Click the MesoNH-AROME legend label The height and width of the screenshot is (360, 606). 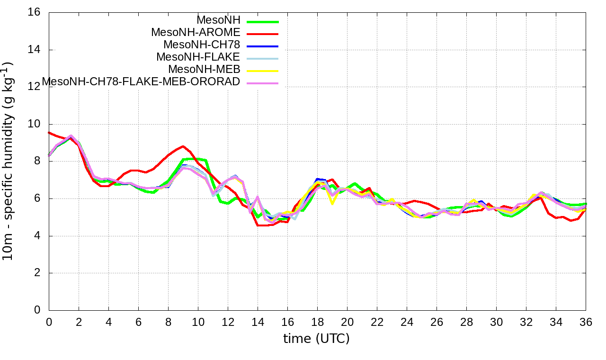pyautogui.click(x=196, y=33)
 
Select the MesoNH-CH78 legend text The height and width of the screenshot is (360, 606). pyautogui.click(x=202, y=45)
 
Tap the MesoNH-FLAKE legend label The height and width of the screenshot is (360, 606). pyautogui.click(x=198, y=57)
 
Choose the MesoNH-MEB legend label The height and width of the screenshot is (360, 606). pyautogui.click(x=205, y=70)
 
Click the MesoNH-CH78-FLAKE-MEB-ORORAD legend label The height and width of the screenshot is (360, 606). pyautogui.click(x=141, y=82)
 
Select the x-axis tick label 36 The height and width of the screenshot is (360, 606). pyautogui.click(x=586, y=322)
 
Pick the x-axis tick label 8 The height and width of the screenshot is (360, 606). pyautogui.click(x=168, y=322)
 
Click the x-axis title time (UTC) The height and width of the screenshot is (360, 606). pyautogui.click(x=316, y=339)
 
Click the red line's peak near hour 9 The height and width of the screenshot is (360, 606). pyautogui.click(x=183, y=146)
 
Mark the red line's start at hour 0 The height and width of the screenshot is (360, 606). pyautogui.click(x=49, y=133)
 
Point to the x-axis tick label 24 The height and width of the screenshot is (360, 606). pyautogui.click(x=407, y=322)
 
